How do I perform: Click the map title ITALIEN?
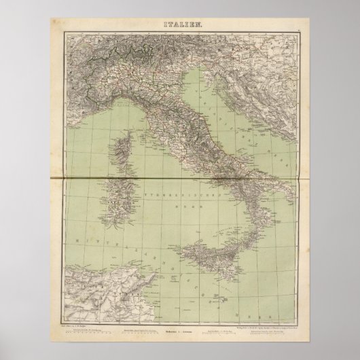coord(180,25)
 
